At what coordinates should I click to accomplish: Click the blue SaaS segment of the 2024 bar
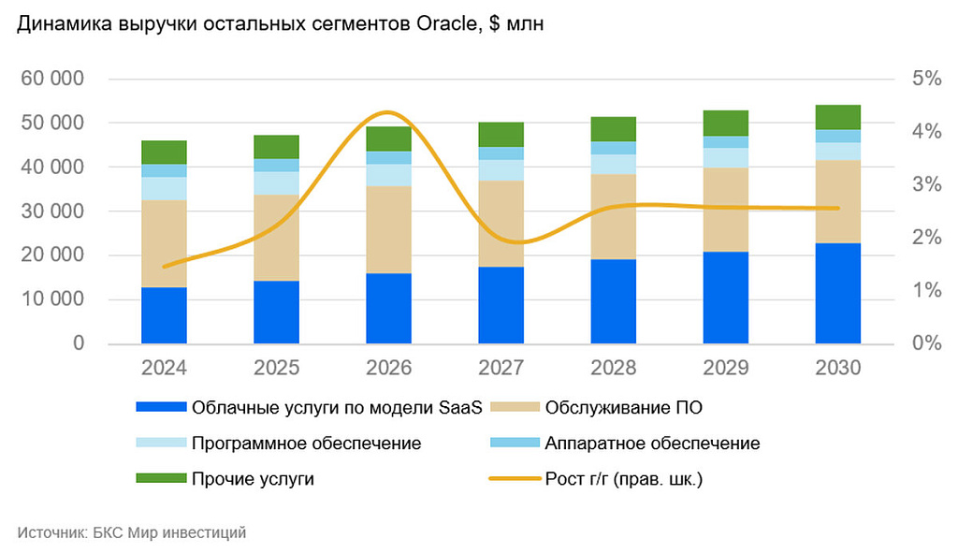164,315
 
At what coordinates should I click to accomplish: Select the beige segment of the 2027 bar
501,224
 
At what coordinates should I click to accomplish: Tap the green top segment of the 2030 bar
837,117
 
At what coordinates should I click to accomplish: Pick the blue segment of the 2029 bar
725,298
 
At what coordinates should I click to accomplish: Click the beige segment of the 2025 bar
276,238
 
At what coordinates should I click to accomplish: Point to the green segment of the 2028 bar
613,129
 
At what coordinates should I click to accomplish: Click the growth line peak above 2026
388,113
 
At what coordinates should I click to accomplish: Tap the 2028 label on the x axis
613,368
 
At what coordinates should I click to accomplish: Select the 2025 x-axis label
276,368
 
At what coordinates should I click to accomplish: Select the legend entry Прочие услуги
252,479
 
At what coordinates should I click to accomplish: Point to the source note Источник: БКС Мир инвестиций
131,532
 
